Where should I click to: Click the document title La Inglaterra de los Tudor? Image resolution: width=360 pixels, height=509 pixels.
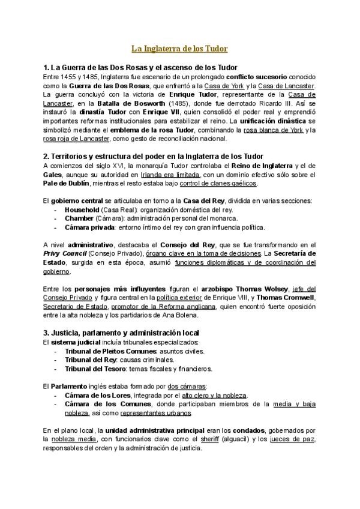point(179,48)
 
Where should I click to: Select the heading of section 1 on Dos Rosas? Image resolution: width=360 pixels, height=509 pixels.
point(141,67)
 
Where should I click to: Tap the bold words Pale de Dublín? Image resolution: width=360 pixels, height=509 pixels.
point(67,182)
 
